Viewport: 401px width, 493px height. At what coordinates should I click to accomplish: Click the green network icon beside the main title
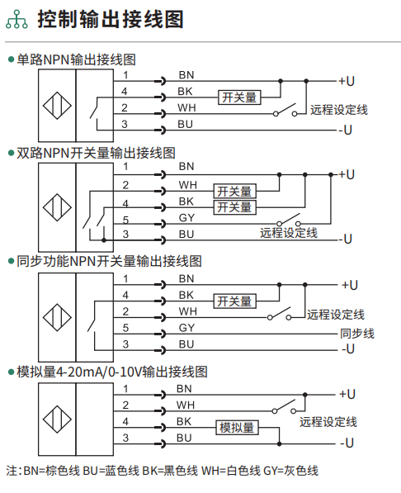[17, 19]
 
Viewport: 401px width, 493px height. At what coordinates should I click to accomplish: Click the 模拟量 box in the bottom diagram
[237, 428]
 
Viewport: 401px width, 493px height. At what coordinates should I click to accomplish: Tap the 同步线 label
[357, 334]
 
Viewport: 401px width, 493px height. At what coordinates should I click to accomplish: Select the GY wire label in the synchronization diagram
[186, 328]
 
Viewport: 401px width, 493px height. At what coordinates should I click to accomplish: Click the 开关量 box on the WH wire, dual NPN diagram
[235, 191]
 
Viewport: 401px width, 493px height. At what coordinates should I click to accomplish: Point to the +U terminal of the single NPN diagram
[347, 82]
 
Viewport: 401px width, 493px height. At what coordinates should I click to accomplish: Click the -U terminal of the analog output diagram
[347, 443]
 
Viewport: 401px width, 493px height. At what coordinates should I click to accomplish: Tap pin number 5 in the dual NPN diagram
[125, 220]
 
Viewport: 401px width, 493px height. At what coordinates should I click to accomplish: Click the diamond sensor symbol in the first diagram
[57, 106]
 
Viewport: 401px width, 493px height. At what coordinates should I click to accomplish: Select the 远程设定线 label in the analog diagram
[328, 422]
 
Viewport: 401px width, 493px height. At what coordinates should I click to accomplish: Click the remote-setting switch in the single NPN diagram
[285, 110]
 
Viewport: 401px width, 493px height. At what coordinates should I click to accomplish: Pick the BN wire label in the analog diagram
[184, 389]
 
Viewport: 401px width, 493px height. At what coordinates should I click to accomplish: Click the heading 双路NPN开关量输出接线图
[96, 153]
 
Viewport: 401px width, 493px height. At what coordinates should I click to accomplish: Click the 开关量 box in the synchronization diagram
[235, 301]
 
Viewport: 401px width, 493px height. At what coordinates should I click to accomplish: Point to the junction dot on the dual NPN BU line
[104, 240]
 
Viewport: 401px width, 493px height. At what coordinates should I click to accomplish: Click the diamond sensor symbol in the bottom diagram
[57, 420]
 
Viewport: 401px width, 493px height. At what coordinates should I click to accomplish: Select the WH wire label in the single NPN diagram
[186, 108]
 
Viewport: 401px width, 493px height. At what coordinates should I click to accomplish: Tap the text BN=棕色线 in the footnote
[51, 471]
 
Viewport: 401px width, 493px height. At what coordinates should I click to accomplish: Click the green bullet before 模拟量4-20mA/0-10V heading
[12, 372]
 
